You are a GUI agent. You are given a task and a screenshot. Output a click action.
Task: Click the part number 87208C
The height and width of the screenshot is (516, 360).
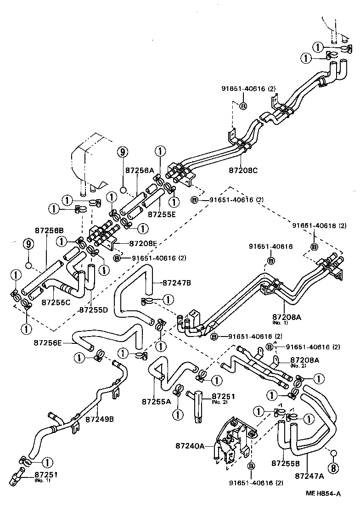tap(243, 171)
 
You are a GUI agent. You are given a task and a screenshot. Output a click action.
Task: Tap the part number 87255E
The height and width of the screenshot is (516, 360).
tap(162, 213)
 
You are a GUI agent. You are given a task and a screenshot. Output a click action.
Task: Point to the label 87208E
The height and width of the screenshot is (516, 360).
tap(143, 243)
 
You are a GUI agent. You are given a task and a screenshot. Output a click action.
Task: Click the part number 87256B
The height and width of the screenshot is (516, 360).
tap(49, 230)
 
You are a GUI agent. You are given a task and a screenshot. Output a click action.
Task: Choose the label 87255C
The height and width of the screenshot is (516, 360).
tap(56, 302)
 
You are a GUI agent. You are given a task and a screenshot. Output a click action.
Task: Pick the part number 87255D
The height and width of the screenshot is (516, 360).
tap(93, 310)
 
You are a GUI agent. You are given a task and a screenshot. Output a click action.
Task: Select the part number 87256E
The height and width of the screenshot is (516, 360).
tap(48, 342)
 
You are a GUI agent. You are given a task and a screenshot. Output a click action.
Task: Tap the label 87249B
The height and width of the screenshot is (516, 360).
tap(100, 419)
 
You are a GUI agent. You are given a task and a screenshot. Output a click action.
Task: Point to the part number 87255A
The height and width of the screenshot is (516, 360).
tap(156, 401)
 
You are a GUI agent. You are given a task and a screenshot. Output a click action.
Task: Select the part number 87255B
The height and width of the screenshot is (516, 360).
tap(286, 463)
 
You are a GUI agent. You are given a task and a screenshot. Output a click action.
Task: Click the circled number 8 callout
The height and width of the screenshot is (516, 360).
tap(334, 467)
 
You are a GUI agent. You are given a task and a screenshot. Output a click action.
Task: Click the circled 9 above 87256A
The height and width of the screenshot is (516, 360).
tap(122, 151)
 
